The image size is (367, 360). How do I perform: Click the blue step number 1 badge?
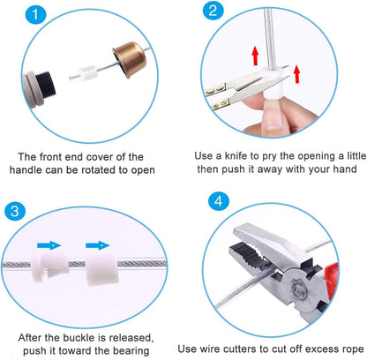tap(35, 14)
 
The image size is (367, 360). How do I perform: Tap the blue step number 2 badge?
tap(213, 11)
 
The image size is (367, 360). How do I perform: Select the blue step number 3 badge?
tap(15, 211)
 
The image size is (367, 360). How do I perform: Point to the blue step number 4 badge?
tap(219, 202)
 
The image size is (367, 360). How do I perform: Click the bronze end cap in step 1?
tap(129, 58)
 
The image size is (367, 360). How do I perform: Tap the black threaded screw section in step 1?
tap(46, 86)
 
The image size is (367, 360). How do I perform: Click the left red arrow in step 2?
tap(255, 56)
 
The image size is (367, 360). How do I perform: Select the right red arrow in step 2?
tap(297, 74)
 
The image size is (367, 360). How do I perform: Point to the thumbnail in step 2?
tap(272, 118)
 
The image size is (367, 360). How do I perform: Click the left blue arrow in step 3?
tap(49, 245)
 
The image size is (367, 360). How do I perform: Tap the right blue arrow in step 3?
tap(98, 245)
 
